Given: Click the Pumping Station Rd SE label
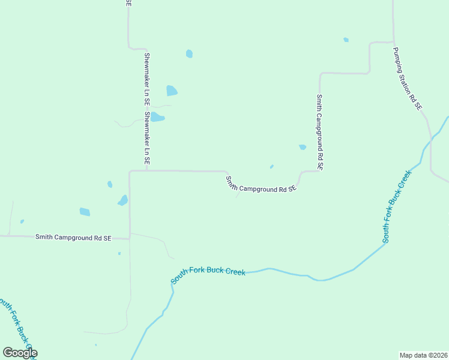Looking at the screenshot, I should click(408, 79).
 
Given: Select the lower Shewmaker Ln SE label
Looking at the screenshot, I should click(146, 138).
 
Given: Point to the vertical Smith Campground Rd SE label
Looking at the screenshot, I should click(320, 132).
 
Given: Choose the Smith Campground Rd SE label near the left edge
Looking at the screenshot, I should click(73, 238).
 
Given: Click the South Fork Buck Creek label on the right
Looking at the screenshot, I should click(397, 206).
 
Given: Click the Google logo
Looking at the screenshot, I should click(20, 353).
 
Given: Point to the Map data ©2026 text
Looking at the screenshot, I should click(423, 355).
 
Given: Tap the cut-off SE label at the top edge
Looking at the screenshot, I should click(128, 3).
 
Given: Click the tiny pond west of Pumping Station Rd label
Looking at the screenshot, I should click(346, 40).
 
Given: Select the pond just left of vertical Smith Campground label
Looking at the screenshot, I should click(303, 147).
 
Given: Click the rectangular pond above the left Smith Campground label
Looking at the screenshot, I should click(85, 212).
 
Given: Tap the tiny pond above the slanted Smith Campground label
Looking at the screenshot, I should click(272, 167).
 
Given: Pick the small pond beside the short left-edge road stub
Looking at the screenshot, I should click(22, 221).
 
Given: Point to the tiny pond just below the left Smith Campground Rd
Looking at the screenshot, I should click(119, 253).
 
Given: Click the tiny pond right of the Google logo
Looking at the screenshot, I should click(96, 345).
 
